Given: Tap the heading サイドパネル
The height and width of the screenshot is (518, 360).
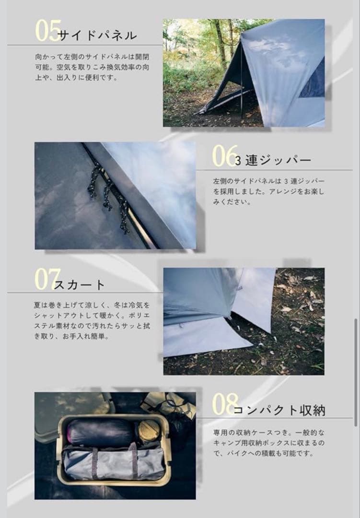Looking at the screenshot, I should tap(97, 35).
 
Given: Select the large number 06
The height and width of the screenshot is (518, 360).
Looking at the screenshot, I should tap(225, 155).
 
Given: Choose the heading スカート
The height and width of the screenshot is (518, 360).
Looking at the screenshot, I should tap(80, 285).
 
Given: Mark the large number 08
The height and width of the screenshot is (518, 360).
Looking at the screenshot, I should tap(225, 404).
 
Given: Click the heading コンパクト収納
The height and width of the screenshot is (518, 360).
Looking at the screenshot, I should tap(279, 410).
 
